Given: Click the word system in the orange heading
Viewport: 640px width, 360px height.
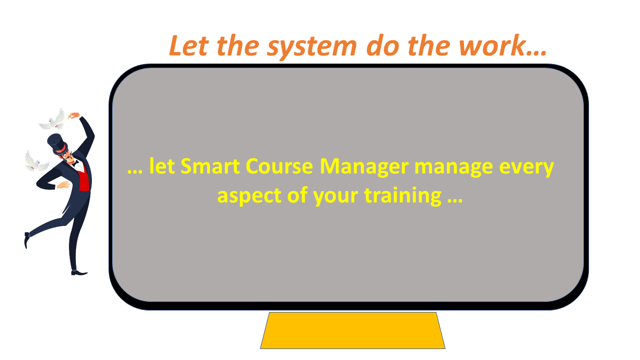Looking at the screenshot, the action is click(x=312, y=47).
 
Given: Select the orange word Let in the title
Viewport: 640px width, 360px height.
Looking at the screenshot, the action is click(x=188, y=45).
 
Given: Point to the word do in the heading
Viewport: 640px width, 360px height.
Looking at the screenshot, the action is click(x=383, y=45).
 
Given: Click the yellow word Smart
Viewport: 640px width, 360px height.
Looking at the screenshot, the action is click(x=210, y=166).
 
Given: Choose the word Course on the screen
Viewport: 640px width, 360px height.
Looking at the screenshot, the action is click(x=279, y=166).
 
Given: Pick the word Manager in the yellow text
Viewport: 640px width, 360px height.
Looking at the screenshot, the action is click(x=364, y=167).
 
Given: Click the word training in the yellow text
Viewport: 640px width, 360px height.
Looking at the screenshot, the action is click(x=403, y=196).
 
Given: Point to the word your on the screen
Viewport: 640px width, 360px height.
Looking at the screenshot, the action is click(x=335, y=197).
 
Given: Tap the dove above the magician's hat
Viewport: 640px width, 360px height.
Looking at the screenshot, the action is click(x=52, y=119).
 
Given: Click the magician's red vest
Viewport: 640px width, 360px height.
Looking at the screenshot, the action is click(x=83, y=179).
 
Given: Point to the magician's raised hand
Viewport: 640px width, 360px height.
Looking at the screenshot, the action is click(x=74, y=115).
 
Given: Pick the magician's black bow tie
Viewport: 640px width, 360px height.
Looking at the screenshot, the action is click(x=75, y=163).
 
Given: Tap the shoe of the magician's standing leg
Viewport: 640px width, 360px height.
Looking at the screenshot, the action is click(x=79, y=273).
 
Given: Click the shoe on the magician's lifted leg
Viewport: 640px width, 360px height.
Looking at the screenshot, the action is click(x=27, y=240).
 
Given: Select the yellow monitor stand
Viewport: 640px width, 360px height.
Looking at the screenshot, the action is click(x=352, y=330).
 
